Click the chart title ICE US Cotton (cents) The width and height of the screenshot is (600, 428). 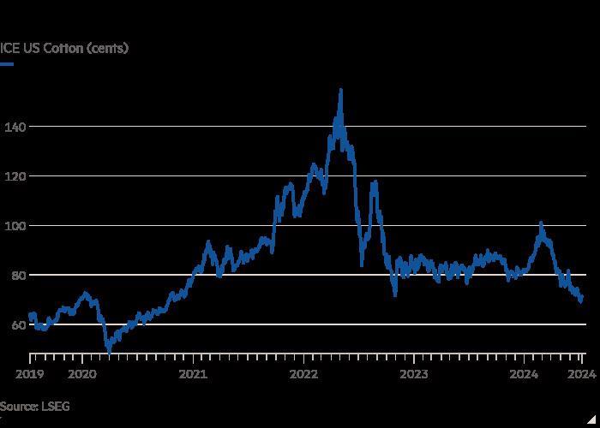coord(64,48)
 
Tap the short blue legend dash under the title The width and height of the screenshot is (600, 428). coord(7,64)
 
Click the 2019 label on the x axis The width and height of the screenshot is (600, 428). coord(29,373)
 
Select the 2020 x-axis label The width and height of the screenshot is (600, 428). coord(82,373)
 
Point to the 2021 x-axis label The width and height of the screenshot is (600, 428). coord(193,373)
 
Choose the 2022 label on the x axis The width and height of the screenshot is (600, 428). coord(303,373)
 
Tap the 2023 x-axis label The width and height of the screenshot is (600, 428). coord(414,373)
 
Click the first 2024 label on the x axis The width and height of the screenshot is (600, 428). coord(524,373)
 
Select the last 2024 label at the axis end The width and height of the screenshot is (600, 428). coord(580,373)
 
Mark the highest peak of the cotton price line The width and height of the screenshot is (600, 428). coord(341,89)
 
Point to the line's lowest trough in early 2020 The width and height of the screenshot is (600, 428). coord(109,350)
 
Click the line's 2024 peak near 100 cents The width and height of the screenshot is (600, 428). coord(541,223)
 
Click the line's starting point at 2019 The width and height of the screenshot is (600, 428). coord(29,317)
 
